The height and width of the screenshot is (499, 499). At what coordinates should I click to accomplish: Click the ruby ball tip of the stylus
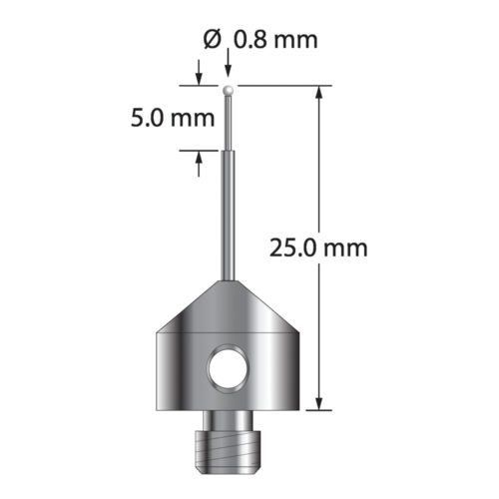(231, 90)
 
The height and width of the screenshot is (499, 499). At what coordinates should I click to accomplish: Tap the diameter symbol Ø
(210, 41)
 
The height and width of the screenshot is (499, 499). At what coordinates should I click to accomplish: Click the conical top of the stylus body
(230, 304)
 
